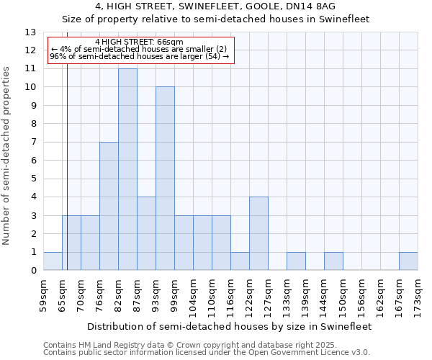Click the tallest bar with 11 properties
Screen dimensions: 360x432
127,169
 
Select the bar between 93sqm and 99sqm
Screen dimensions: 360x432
165,179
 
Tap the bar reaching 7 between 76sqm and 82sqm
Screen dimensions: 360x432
109,206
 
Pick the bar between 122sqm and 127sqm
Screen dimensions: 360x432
258,233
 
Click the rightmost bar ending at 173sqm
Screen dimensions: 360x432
408,261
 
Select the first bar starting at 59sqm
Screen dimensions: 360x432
53,261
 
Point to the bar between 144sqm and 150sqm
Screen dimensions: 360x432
333,261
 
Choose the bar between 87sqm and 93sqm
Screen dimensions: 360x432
146,233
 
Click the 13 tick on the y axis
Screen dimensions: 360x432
31,32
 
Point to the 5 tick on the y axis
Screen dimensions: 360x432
33,179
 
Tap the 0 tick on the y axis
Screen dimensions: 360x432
33,271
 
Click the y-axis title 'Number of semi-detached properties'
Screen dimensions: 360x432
7,155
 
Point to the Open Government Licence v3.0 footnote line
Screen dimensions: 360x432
207,352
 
